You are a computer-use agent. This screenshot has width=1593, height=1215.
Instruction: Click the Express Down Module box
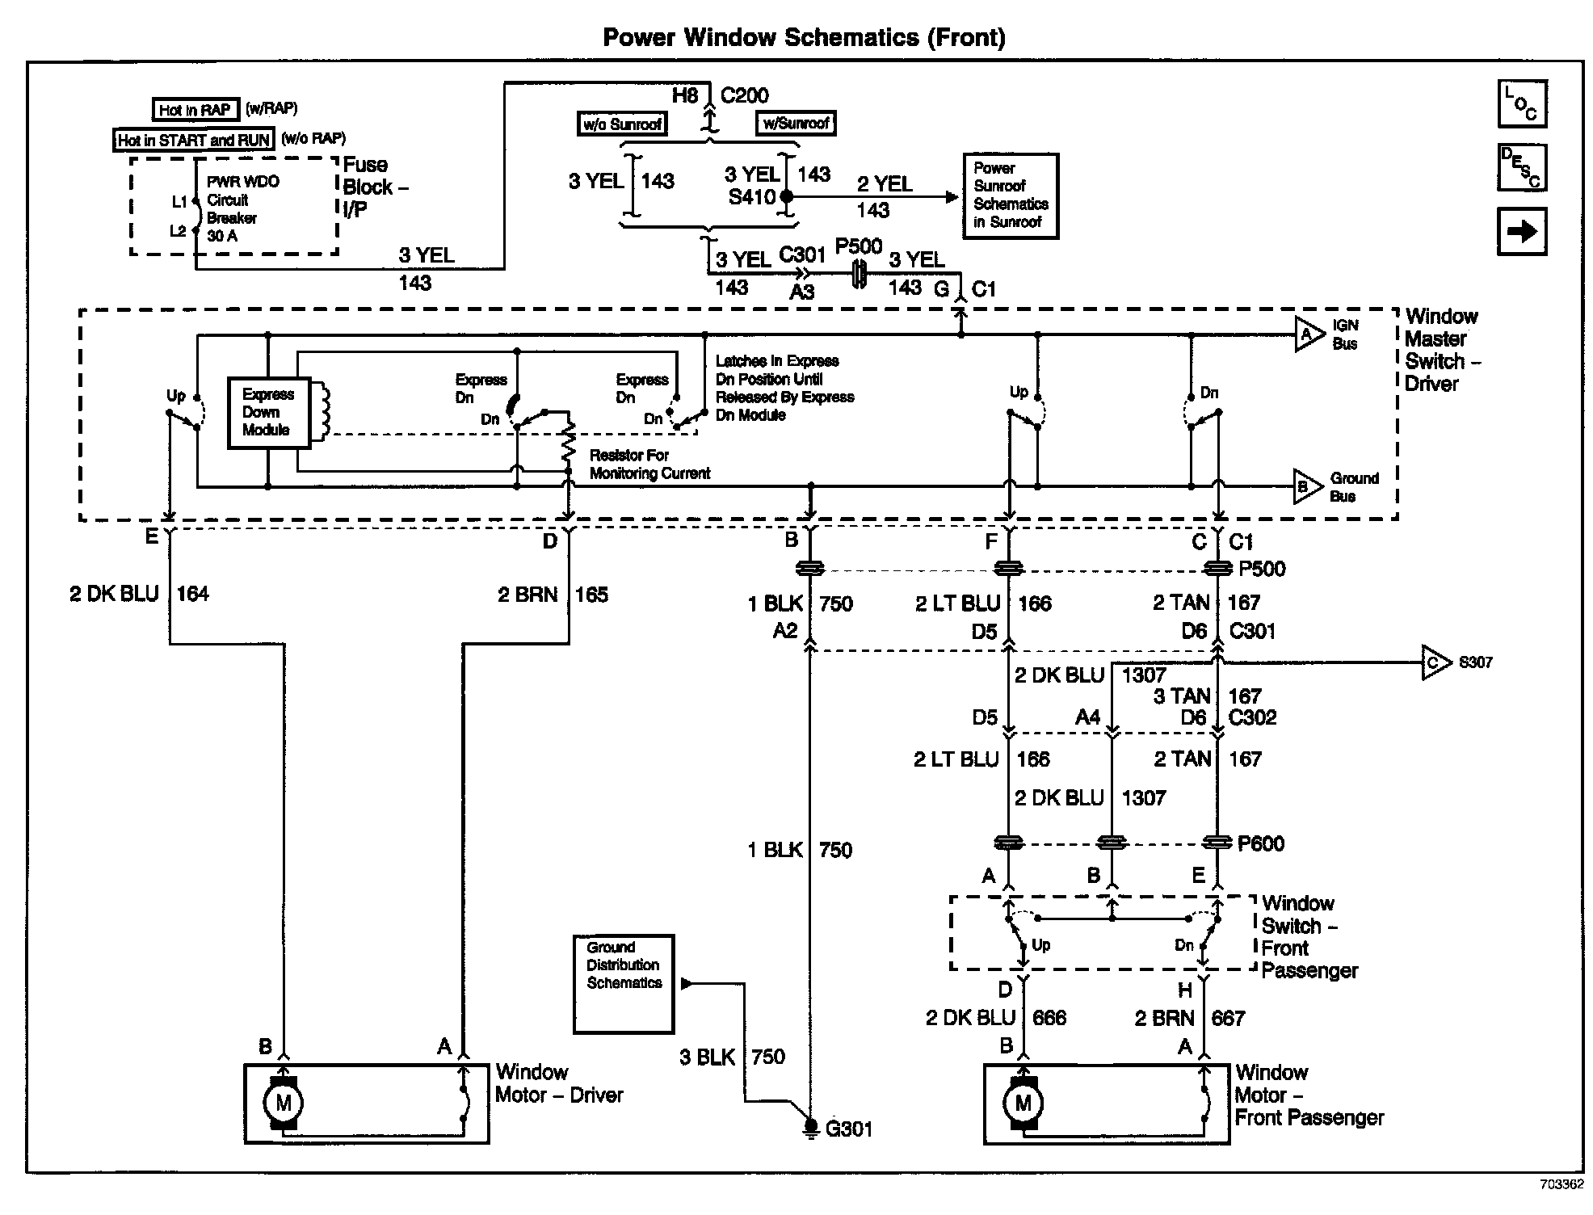tap(268, 412)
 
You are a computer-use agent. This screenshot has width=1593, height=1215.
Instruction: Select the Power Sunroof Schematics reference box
tap(1010, 195)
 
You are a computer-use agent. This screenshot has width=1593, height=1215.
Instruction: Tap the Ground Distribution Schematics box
tap(623, 983)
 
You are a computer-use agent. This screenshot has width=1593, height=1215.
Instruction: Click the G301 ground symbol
tap(810, 1125)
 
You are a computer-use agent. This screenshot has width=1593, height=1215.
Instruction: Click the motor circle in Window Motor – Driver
tap(284, 1103)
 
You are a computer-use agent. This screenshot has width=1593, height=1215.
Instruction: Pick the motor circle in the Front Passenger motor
tap(1023, 1103)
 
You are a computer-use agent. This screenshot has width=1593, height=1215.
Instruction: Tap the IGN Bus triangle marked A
tap(1307, 334)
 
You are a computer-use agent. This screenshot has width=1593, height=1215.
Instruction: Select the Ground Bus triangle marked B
tap(1305, 486)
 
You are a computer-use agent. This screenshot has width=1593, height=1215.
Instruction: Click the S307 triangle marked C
tap(1435, 662)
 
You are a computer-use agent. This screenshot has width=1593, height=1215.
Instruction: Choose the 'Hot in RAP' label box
tap(195, 110)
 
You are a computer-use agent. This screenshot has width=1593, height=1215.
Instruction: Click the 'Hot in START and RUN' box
tap(193, 140)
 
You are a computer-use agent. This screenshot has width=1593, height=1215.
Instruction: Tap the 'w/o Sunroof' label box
tap(622, 124)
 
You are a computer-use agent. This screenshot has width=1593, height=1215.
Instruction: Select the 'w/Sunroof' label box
tap(795, 123)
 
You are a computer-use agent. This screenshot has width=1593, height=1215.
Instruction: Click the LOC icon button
tap(1522, 103)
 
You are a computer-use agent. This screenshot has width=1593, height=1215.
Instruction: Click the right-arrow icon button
tap(1522, 232)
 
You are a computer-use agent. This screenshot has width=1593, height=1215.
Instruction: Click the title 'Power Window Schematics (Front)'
tap(804, 37)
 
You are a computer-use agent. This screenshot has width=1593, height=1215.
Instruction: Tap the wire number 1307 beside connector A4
tap(1143, 675)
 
